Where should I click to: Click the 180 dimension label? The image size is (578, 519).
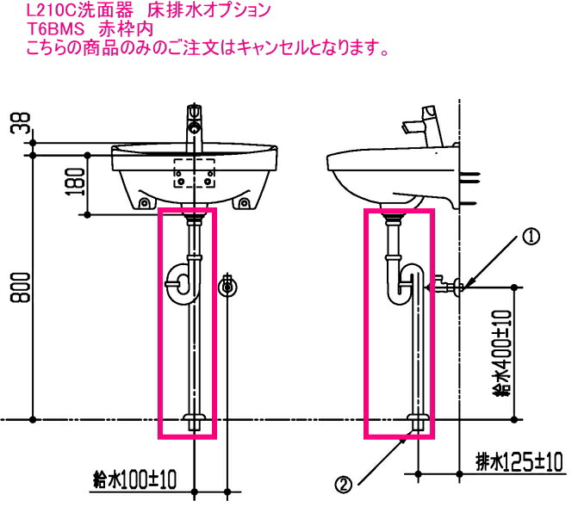click(x=77, y=182)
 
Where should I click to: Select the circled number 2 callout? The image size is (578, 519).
click(x=344, y=485)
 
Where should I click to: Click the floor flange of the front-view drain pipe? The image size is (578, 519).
click(x=196, y=422)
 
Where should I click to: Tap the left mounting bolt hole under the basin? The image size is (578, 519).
click(x=143, y=203)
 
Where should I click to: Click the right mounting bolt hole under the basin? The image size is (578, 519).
click(x=245, y=203)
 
